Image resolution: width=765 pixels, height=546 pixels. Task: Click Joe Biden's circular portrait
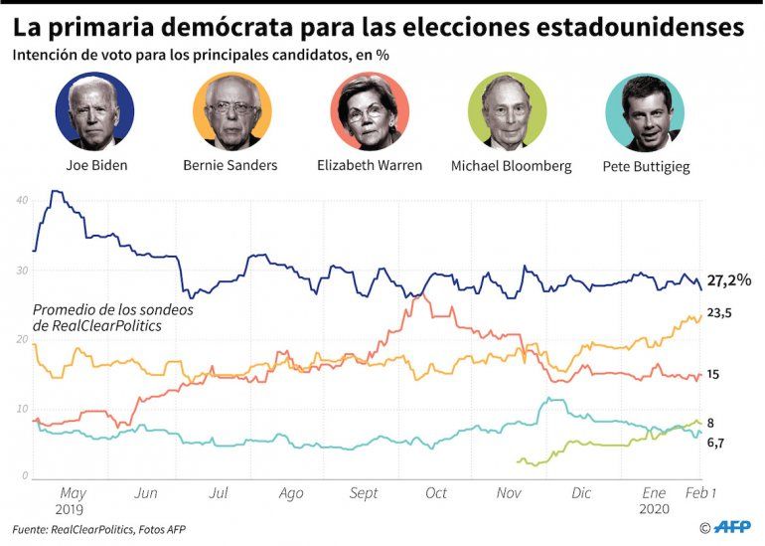(95, 111)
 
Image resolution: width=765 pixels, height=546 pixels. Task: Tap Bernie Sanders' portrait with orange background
(230, 111)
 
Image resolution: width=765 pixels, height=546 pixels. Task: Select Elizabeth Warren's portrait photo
(369, 111)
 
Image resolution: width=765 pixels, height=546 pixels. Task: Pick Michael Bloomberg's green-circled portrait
(507, 111)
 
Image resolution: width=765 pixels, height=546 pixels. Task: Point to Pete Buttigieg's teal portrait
(645, 112)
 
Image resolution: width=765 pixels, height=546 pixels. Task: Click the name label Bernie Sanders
(230, 165)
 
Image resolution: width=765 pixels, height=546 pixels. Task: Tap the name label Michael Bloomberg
(511, 166)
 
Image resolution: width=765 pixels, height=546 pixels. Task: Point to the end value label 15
(713, 375)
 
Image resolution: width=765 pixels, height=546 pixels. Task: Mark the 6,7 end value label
(717, 443)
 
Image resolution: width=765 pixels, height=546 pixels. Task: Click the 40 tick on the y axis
(22, 201)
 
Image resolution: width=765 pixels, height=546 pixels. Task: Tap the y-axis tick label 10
(22, 409)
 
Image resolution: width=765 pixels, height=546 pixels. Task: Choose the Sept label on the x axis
(365, 493)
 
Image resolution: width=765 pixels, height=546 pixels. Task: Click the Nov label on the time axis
(509, 493)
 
